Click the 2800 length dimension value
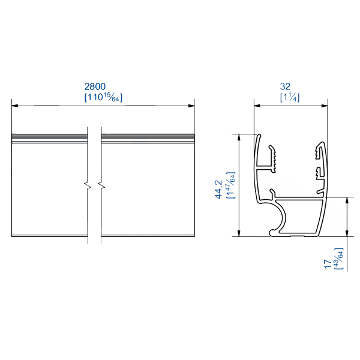coord(103,86)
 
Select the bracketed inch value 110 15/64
coord(103,97)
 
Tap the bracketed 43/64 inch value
coord(340,259)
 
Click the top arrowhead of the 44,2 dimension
coord(240,137)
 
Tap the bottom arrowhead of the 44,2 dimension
coord(240,233)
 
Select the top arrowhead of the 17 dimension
coord(347,200)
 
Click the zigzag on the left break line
coord(88,185)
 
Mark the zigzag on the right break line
coord(101,185)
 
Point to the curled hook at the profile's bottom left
coord(275,228)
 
